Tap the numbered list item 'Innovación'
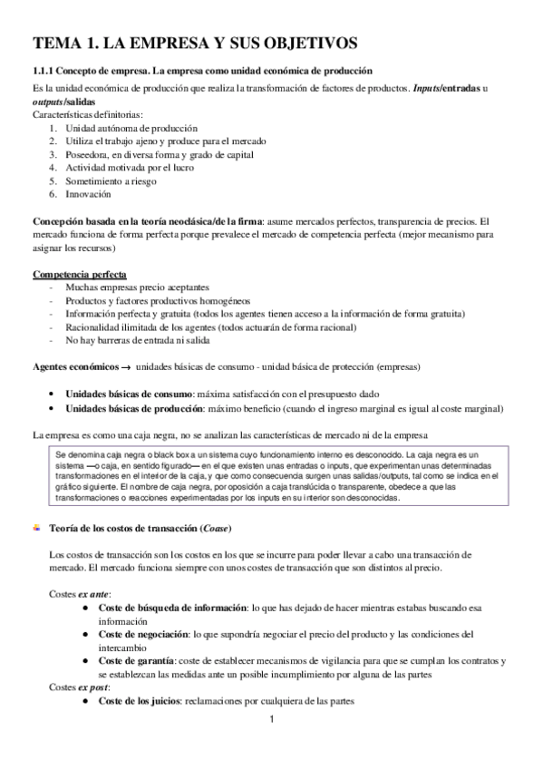click(88, 194)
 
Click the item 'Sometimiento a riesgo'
click(111, 181)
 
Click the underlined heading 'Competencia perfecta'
click(80, 274)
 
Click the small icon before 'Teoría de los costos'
click(37, 527)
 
